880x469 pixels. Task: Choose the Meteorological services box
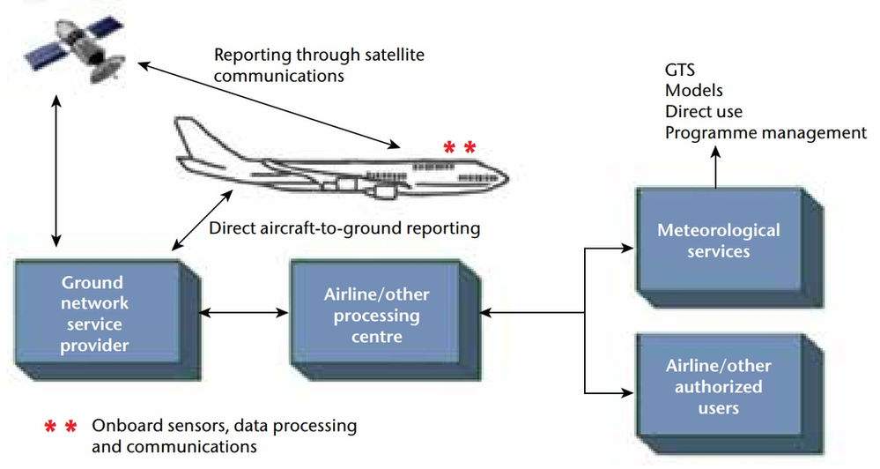pyautogui.click(x=719, y=241)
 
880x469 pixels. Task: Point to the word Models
pyautogui.click(x=694, y=91)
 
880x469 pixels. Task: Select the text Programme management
pyautogui.click(x=765, y=133)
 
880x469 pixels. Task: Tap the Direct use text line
pyautogui.click(x=704, y=112)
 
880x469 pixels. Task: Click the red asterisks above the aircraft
pyautogui.click(x=459, y=147)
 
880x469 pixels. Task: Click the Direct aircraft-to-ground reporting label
pyautogui.click(x=344, y=228)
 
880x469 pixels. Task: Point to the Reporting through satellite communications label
pyautogui.click(x=319, y=64)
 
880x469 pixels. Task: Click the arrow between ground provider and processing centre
pyautogui.click(x=244, y=312)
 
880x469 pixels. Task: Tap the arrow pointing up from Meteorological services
pyautogui.click(x=715, y=167)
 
